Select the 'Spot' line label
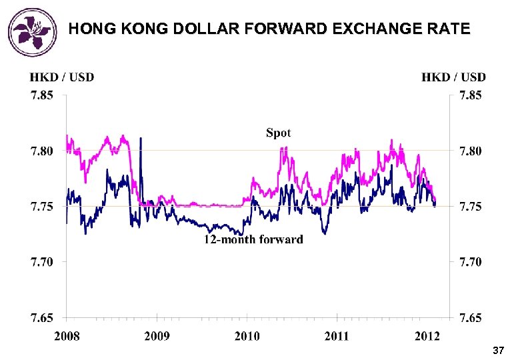point(278,133)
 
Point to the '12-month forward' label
point(253,239)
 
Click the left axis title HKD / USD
point(62,77)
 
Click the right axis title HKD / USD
point(453,77)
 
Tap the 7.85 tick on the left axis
point(41,95)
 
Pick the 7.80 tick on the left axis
point(41,151)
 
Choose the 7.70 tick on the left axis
point(41,262)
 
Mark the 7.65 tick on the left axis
point(41,317)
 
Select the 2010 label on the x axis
point(247,335)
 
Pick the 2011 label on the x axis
point(337,335)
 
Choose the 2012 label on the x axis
point(426,335)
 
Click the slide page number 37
point(497,351)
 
